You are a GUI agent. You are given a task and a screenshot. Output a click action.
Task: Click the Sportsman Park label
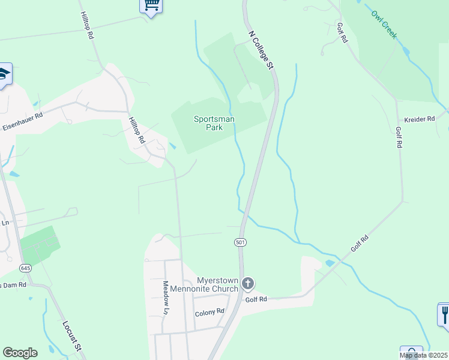(x=214, y=123)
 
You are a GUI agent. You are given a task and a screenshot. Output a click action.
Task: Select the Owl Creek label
(x=384, y=25)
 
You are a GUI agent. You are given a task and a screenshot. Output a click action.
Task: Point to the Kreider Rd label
(x=419, y=119)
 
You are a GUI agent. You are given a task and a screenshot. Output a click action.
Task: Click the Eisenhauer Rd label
(x=23, y=122)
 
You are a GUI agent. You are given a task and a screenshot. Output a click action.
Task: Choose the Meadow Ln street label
(x=166, y=297)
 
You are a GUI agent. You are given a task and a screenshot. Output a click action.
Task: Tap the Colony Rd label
(x=209, y=313)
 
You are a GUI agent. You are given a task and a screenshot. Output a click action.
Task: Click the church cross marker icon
(x=248, y=283)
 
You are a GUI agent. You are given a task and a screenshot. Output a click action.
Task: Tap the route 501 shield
(x=240, y=242)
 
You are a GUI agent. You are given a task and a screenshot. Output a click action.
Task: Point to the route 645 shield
(x=25, y=268)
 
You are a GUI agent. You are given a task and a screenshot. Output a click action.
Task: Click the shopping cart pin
(x=151, y=6)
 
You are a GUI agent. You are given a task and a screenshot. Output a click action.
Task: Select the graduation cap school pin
(x=4, y=74)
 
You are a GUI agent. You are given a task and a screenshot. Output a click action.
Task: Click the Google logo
(x=20, y=353)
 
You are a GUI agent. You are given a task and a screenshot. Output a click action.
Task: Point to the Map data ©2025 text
(x=424, y=355)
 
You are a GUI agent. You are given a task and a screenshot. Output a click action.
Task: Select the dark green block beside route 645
(x=40, y=245)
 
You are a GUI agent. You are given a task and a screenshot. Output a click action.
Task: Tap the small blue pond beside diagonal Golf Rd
(x=330, y=263)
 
